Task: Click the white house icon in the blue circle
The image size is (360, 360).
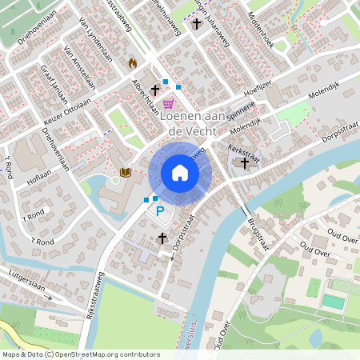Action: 180,173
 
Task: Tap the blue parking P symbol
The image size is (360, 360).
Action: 160,211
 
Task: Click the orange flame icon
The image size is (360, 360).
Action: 133,62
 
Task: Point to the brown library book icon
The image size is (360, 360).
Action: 125,172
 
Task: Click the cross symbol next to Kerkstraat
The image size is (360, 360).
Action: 245,163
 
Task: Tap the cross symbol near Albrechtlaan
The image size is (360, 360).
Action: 155,90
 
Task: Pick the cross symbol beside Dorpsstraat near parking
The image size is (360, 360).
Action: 162,238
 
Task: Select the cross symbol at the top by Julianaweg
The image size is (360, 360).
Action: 197,23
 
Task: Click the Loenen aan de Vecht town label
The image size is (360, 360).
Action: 196,122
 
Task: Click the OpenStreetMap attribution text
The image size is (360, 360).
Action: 81,354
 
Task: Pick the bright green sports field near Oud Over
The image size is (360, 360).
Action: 332,302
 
